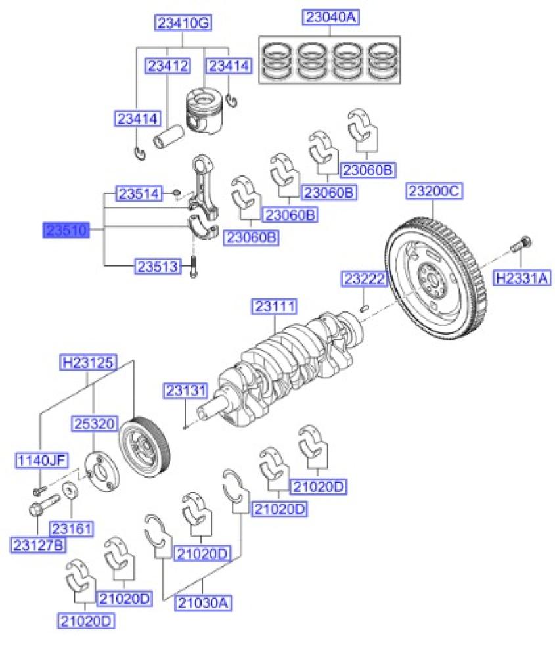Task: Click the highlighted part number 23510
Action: pyautogui.click(x=66, y=231)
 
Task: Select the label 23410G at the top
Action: pyautogui.click(x=183, y=24)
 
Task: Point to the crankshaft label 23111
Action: pyautogui.click(x=277, y=307)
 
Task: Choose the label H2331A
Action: pyautogui.click(x=523, y=278)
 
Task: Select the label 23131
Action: pyautogui.click(x=185, y=391)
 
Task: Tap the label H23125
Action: pyautogui.click(x=89, y=362)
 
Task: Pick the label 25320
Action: pyautogui.click(x=95, y=426)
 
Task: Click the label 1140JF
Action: pyautogui.click(x=41, y=460)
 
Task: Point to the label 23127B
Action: pyautogui.click(x=37, y=544)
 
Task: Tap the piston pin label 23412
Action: pyautogui.click(x=168, y=66)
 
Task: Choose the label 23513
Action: pyautogui.click(x=158, y=266)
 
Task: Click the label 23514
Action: pyautogui.click(x=139, y=194)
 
